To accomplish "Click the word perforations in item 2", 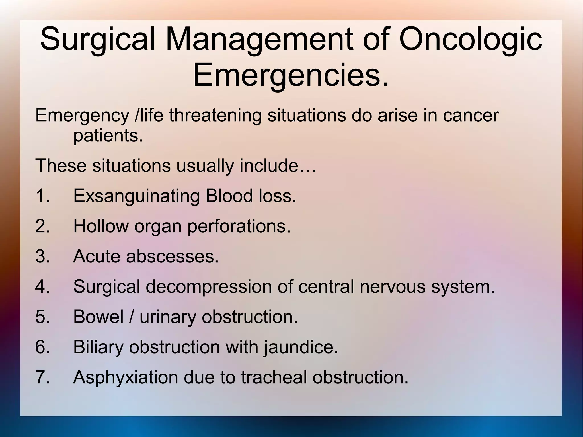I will point(239,226).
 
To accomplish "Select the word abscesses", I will point(172,256).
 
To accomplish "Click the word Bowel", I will point(98,317).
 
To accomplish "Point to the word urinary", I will point(167,317).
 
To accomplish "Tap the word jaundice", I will point(301,347).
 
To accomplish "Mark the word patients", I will point(108,136).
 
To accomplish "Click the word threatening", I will point(215,116).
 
